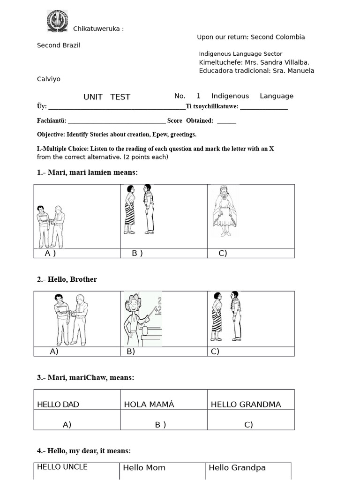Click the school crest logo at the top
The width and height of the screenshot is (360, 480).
[57, 21]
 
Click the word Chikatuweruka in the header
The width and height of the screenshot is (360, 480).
[97, 29]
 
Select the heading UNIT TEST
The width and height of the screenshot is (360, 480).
[107, 97]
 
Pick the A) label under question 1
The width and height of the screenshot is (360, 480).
[50, 253]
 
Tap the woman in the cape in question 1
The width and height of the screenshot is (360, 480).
[225, 211]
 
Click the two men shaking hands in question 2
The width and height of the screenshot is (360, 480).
[71, 320]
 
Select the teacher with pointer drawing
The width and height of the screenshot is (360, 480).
[142, 319]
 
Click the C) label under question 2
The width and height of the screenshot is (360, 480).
[215, 351]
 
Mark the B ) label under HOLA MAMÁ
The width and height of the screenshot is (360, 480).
[160, 425]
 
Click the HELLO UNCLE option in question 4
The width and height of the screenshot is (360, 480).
[62, 467]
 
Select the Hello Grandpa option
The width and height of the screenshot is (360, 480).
[237, 468]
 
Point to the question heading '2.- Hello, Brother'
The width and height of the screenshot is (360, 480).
[67, 279]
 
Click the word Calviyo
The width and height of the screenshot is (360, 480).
[49, 79]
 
